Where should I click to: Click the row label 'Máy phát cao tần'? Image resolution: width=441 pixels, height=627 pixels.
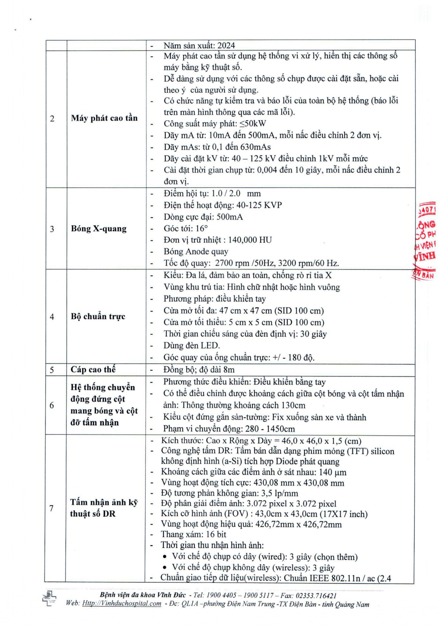(x=104, y=118)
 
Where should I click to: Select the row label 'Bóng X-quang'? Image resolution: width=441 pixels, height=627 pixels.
(x=99, y=229)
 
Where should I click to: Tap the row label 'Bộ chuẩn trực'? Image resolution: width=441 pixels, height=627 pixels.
(x=98, y=316)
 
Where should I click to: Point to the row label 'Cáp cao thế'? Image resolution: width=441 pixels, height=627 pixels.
(x=93, y=370)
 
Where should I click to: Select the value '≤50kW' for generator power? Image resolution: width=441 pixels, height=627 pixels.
(x=253, y=124)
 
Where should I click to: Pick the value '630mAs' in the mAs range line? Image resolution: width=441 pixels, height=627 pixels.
(x=256, y=147)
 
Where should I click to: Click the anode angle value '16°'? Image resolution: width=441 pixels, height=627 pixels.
(x=202, y=228)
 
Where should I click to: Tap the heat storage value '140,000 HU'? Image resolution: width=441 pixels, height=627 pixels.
(x=250, y=240)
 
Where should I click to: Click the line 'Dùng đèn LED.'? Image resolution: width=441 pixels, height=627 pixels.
(x=192, y=345)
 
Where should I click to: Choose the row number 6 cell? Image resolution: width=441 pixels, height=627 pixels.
(x=52, y=405)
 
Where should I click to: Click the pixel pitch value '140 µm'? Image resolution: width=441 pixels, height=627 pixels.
(x=332, y=472)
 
